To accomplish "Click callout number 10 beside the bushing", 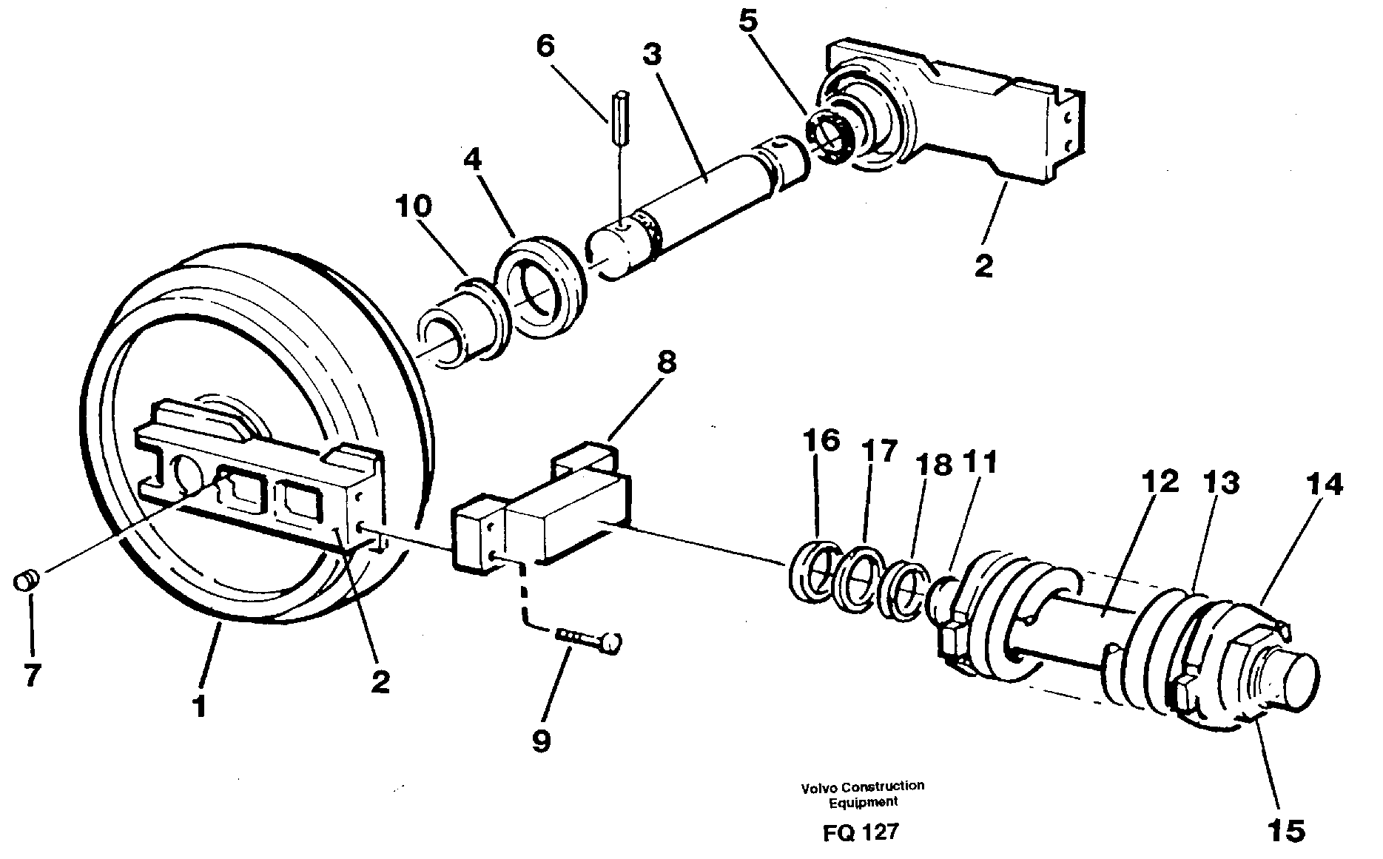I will pyautogui.click(x=414, y=207).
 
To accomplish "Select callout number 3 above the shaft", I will pyautogui.click(x=652, y=55).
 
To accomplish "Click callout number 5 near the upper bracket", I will pyautogui.click(x=748, y=21).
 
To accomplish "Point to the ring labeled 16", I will pyautogui.click(x=812, y=571).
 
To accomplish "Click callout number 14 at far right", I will pyautogui.click(x=1323, y=485).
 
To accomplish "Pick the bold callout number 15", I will pyautogui.click(x=1285, y=831).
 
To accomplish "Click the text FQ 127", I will pyautogui.click(x=861, y=832).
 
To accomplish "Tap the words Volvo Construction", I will pyautogui.click(x=862, y=786).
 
